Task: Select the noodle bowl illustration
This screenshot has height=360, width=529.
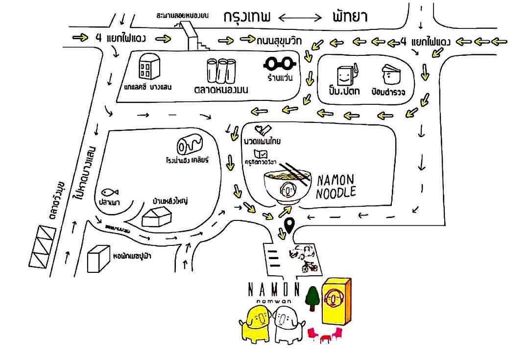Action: click(x=286, y=184)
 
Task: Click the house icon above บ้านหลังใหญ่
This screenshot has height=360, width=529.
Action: click(x=158, y=215)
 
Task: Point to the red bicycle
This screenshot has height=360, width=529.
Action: click(x=310, y=267)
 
